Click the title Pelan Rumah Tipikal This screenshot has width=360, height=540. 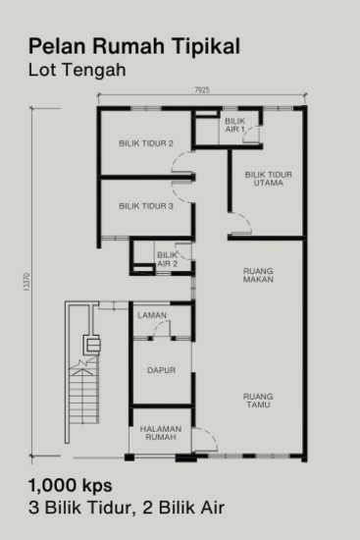(x=133, y=45)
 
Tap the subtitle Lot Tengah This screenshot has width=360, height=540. (x=77, y=70)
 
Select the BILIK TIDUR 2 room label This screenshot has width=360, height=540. (x=145, y=144)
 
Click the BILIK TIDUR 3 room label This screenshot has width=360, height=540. (x=145, y=206)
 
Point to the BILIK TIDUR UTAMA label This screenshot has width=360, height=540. (x=268, y=178)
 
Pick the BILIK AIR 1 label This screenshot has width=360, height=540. (x=235, y=125)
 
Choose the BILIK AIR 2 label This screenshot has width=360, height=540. (x=167, y=259)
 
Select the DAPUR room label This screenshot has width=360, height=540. (x=161, y=371)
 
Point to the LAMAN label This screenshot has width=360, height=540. (x=151, y=315)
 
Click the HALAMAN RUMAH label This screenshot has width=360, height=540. (x=160, y=433)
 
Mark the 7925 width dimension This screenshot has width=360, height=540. (x=201, y=90)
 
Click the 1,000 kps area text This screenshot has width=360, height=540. (x=71, y=485)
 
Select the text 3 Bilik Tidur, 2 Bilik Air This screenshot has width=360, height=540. (x=128, y=507)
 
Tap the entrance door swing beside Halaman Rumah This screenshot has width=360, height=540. (x=205, y=440)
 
